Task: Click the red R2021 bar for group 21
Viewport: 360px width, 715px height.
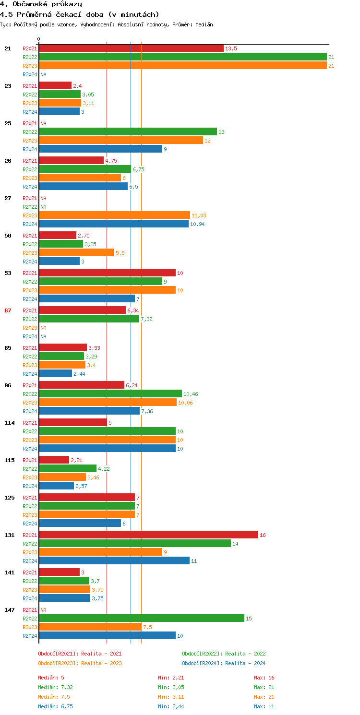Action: (131, 48)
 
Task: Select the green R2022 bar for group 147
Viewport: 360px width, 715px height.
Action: (142, 619)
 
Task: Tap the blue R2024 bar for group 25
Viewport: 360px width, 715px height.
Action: (100, 149)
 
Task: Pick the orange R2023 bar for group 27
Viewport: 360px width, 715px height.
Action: (114, 215)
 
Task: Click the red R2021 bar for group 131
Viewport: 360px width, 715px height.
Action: (148, 535)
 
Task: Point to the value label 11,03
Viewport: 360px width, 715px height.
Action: (199, 215)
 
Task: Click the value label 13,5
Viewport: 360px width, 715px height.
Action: (231, 48)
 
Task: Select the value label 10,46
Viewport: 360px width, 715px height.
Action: (191, 394)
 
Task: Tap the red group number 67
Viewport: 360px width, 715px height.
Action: (8, 310)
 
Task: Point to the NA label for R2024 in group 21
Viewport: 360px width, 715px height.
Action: (43, 74)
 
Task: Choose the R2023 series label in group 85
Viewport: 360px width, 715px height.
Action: (30, 365)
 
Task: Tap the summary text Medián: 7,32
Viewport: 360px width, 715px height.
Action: (55, 687)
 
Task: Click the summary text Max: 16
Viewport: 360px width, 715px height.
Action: (264, 678)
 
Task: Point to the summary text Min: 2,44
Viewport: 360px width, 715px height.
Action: (171, 706)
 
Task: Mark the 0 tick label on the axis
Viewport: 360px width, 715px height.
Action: (39, 39)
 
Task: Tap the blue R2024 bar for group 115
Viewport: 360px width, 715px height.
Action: (56, 486)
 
